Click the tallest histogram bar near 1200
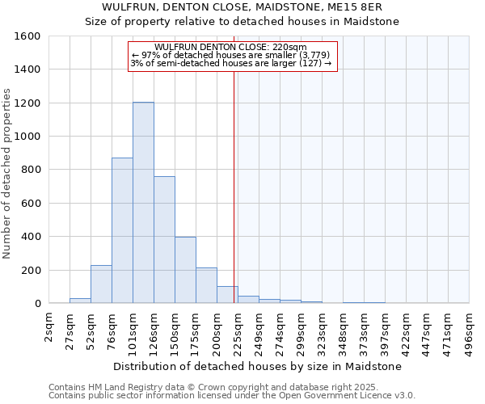[x=143, y=202]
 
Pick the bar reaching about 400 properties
[x=185, y=270]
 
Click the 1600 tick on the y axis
[x=27, y=36]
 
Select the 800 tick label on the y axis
[x=31, y=170]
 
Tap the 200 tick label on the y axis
[x=31, y=270]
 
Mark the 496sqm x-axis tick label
[x=470, y=327]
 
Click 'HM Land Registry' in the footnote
[x=112, y=387]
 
